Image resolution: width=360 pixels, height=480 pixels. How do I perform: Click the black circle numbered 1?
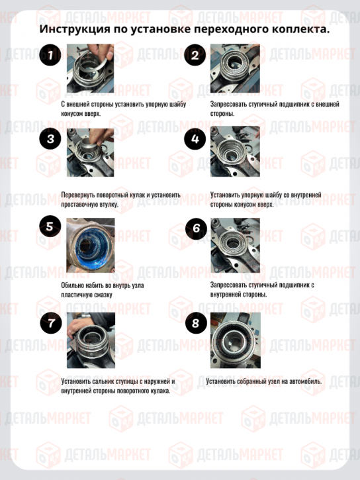click(x=50, y=55)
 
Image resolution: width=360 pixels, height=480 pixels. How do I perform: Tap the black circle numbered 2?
click(x=195, y=55)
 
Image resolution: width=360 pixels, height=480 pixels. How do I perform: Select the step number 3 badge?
click(x=50, y=138)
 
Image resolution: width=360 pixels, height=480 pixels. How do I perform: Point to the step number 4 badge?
click(x=195, y=139)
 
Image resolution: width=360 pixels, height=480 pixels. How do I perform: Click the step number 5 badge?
click(x=50, y=226)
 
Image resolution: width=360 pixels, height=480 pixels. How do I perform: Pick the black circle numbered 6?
click(x=196, y=228)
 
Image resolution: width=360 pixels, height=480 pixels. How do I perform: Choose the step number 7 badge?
click(x=51, y=323)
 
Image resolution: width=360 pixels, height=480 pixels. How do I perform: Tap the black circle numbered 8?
click(x=196, y=323)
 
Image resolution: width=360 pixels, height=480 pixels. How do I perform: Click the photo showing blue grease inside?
click(x=91, y=245)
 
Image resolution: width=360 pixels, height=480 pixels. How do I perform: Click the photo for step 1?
click(x=90, y=68)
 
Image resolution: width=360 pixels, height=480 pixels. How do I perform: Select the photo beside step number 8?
click(x=236, y=340)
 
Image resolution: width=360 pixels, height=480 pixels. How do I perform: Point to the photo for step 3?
click(x=90, y=152)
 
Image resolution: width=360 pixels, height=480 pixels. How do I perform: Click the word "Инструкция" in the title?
click(x=75, y=29)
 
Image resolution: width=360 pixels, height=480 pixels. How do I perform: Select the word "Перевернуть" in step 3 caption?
click(x=78, y=195)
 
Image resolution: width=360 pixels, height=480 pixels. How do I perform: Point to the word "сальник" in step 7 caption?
click(x=103, y=381)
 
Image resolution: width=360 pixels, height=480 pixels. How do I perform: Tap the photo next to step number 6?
click(x=235, y=245)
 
